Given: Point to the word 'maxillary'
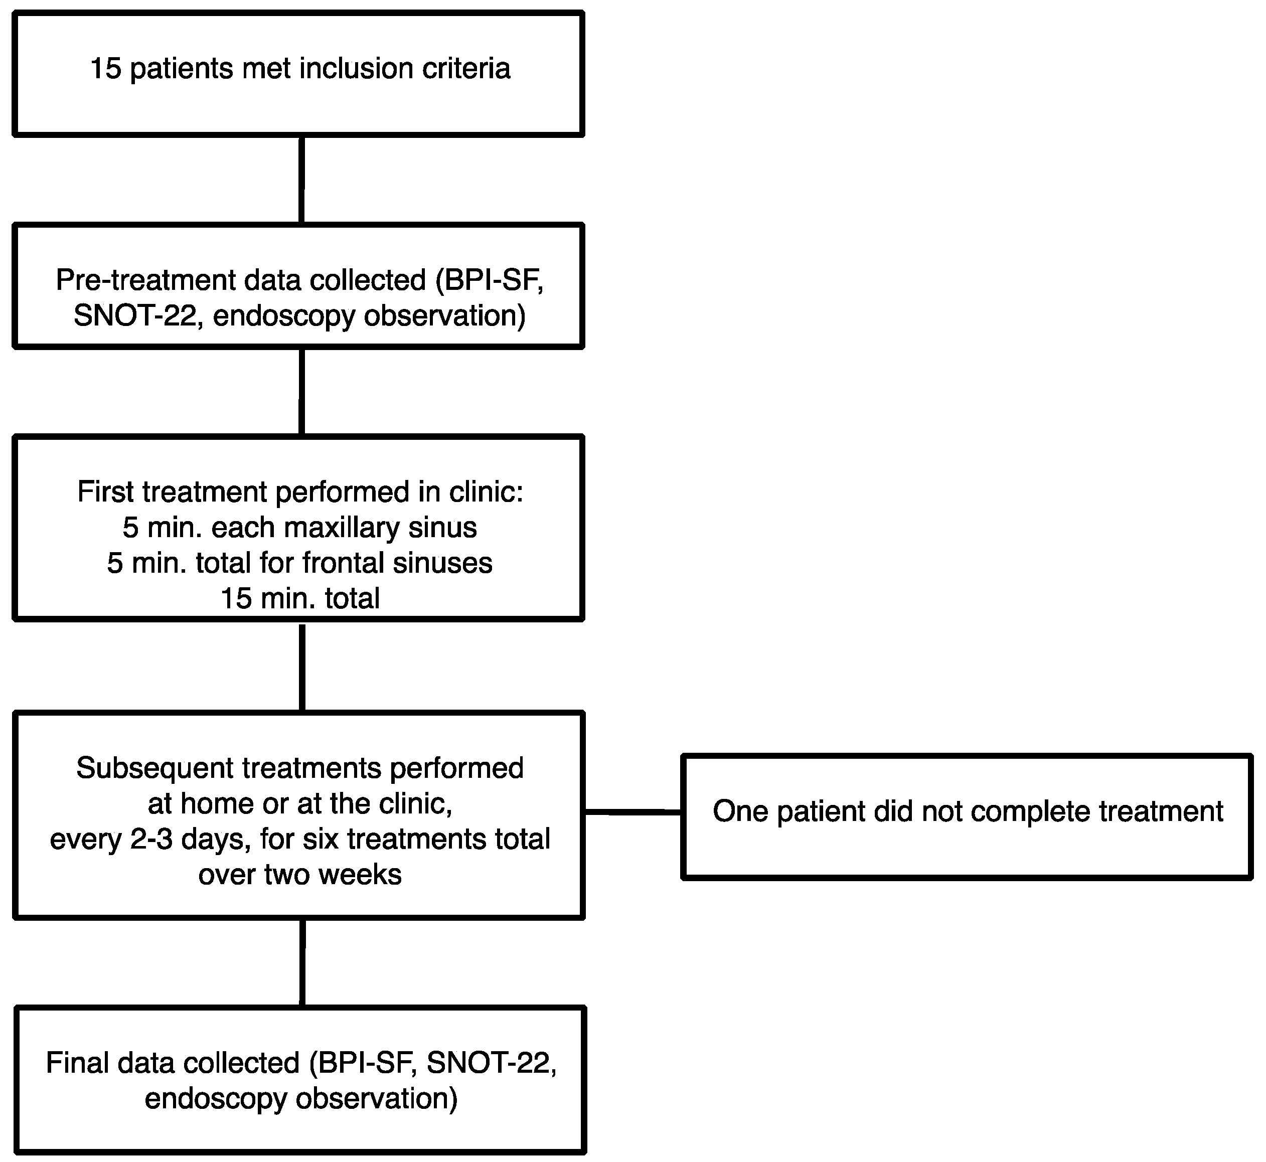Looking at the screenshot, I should coord(342,528).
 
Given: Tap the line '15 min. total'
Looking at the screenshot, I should coord(300,598).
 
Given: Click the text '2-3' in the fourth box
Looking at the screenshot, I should coord(151,839).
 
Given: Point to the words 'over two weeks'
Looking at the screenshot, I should coord(300,875).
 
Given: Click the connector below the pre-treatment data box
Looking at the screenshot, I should coord(302,392).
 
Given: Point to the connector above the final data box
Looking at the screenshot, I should coord(302,963).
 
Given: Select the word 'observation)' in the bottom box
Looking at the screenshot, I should coord(377,1098).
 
